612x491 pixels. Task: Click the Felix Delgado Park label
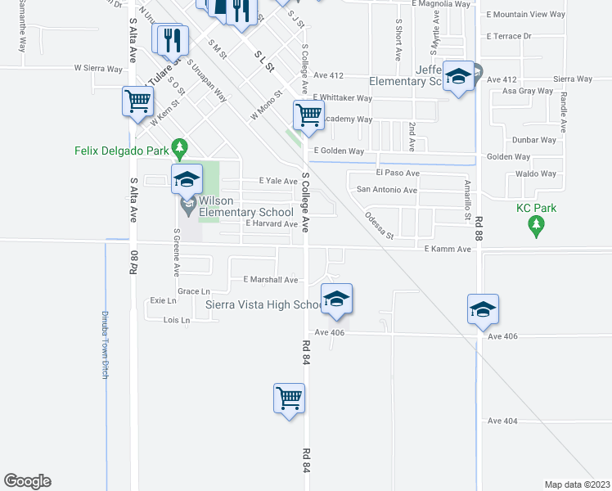pos(121,151)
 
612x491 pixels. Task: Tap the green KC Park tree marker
pos(537,227)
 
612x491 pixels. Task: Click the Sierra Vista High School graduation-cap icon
pos(335,300)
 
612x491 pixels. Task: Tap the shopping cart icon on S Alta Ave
pos(138,102)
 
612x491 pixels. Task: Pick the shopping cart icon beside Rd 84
pos(289,399)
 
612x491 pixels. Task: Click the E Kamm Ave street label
pos(448,249)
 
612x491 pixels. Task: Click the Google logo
pos(27,481)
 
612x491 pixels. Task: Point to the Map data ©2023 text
pos(577,484)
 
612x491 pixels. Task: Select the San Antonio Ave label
pos(387,190)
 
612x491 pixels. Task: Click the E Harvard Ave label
pos(271,223)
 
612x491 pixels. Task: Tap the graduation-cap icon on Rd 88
pos(483,309)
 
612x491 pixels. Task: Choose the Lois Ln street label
pos(176,320)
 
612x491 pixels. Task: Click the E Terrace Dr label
pos(508,36)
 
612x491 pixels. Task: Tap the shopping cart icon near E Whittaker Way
pos(308,115)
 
